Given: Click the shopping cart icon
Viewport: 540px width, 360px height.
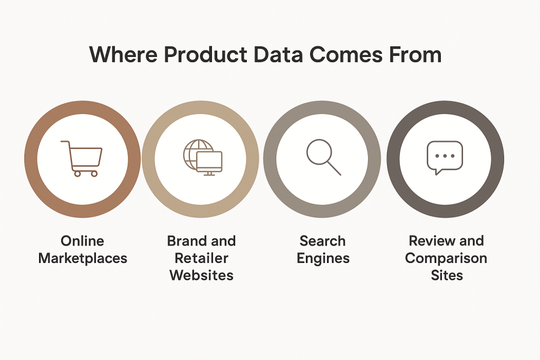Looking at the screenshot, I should (82, 158).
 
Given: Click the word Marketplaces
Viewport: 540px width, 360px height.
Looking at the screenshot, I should (83, 258).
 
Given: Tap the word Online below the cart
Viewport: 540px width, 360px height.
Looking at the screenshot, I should (82, 241).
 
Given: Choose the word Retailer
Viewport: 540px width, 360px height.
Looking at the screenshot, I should (201, 258).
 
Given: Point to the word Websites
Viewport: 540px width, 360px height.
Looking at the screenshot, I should (201, 275).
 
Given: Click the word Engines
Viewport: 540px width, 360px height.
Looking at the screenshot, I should (323, 258).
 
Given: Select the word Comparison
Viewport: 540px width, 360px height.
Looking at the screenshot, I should (446, 258).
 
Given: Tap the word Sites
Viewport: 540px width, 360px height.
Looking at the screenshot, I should (447, 275).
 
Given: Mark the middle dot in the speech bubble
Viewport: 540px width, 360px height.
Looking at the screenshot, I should (445, 156).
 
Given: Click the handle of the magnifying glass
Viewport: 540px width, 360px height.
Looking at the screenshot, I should (334, 168).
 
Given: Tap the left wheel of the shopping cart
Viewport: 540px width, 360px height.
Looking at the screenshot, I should (77, 173).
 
